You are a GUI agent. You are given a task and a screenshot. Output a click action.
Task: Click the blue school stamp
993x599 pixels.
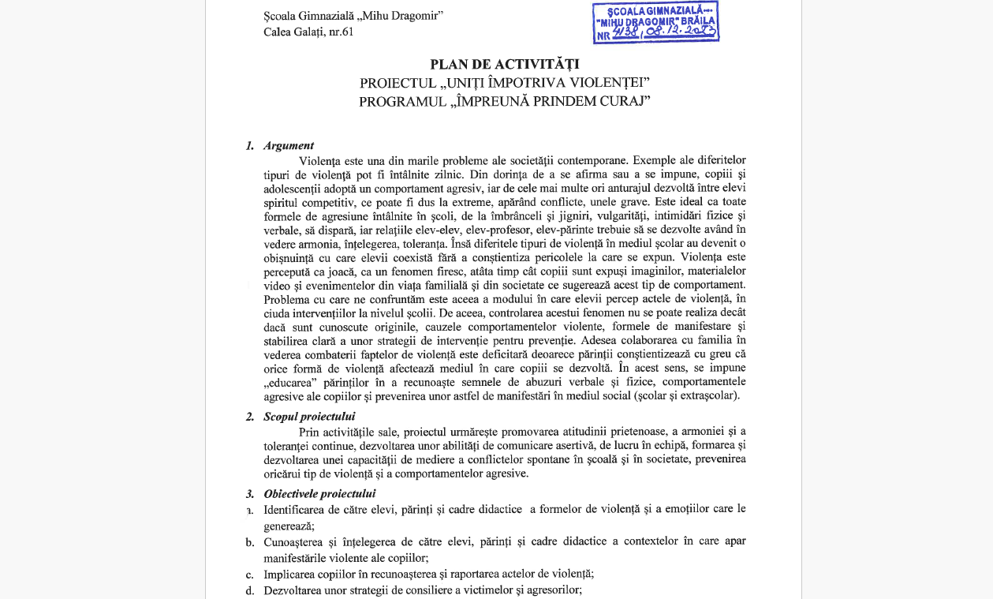click(x=655, y=22)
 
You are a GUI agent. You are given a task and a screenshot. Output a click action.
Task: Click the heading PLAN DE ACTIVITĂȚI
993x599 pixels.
click(x=504, y=64)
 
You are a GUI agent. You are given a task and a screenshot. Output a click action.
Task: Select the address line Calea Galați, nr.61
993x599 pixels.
click(x=308, y=32)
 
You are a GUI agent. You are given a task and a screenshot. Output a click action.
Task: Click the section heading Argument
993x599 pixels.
click(x=289, y=145)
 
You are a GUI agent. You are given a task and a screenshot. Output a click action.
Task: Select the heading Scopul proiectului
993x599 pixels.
click(x=309, y=416)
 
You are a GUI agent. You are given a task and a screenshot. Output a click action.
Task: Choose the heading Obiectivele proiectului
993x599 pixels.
click(x=319, y=494)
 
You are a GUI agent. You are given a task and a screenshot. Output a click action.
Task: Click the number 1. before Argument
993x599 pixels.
click(x=250, y=145)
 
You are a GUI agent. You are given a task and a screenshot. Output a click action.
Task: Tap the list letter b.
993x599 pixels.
click(x=249, y=542)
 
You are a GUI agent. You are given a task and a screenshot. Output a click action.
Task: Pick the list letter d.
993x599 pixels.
click(x=249, y=590)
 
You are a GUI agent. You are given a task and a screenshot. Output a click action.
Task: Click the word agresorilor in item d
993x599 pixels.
click(x=553, y=590)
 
